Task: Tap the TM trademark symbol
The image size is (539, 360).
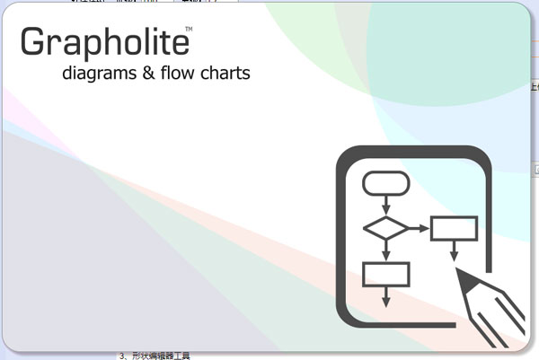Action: pos(189,31)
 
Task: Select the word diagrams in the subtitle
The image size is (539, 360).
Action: pos(100,74)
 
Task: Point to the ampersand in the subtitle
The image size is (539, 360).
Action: pos(149,73)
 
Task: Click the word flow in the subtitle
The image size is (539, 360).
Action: pos(180,73)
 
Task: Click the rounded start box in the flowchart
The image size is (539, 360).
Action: pos(385,184)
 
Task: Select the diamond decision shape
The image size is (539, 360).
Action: pos(385,228)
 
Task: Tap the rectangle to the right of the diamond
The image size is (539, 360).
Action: pos(453,228)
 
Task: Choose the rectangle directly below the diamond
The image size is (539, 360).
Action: pos(385,273)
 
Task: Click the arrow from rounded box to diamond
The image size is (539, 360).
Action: pos(385,205)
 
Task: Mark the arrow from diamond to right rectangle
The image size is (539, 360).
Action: pos(419,228)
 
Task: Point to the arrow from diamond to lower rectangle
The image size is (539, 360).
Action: pos(385,251)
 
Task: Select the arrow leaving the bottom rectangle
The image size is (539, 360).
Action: pos(385,296)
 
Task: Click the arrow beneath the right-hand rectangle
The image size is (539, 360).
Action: pos(453,251)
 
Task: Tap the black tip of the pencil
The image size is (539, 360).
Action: pos(466,281)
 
